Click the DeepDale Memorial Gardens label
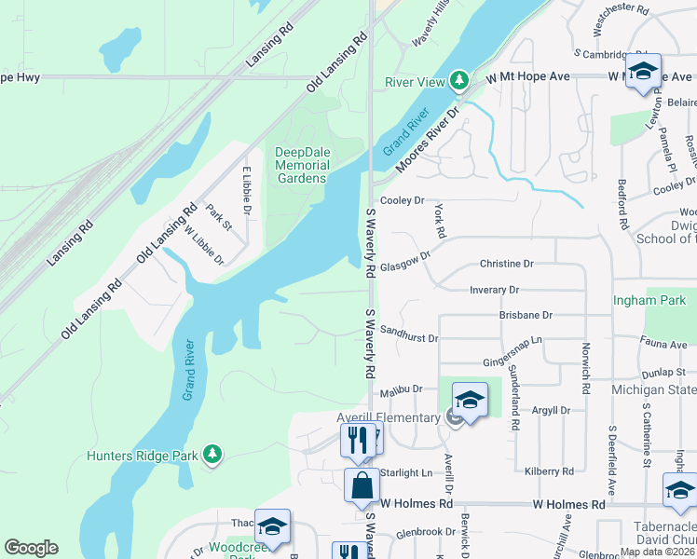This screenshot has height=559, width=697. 302,165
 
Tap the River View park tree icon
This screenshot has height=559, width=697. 458,81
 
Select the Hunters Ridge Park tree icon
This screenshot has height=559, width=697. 213,454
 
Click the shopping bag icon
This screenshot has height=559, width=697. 362,485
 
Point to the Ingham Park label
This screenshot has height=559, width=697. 649,300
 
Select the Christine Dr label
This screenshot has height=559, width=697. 506,264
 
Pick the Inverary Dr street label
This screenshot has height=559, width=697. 494,290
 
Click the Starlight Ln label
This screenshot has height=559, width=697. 406,472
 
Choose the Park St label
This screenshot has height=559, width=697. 218,220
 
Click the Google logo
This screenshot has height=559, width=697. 31,548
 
